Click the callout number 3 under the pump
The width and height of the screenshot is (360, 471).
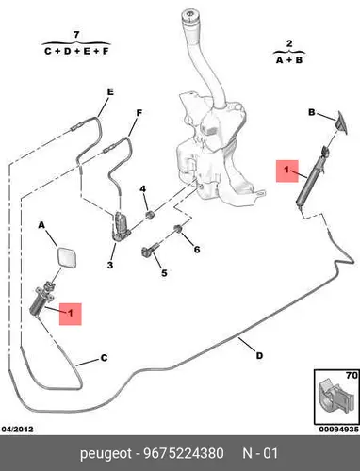click(110, 265)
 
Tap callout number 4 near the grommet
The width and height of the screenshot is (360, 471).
click(143, 189)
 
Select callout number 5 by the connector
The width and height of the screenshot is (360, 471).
click(164, 273)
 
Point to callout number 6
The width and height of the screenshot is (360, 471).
click(197, 250)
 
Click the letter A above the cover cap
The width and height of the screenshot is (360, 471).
click(41, 225)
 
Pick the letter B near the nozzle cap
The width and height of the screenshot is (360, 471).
click(311, 112)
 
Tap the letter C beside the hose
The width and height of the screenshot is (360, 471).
click(104, 358)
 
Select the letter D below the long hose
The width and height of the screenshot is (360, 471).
click(259, 356)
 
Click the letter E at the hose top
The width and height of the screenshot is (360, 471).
click(110, 92)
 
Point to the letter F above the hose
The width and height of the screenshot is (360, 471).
click(139, 113)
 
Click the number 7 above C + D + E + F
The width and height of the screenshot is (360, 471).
click(76, 35)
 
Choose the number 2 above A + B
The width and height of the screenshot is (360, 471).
click(289, 43)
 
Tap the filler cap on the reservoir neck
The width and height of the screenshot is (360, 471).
click(190, 16)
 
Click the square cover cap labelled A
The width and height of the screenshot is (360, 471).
click(66, 257)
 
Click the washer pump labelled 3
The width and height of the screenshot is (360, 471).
click(121, 226)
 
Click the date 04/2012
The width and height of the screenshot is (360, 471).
click(18, 430)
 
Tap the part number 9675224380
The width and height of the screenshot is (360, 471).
click(184, 454)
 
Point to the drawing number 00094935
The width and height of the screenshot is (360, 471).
click(339, 430)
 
